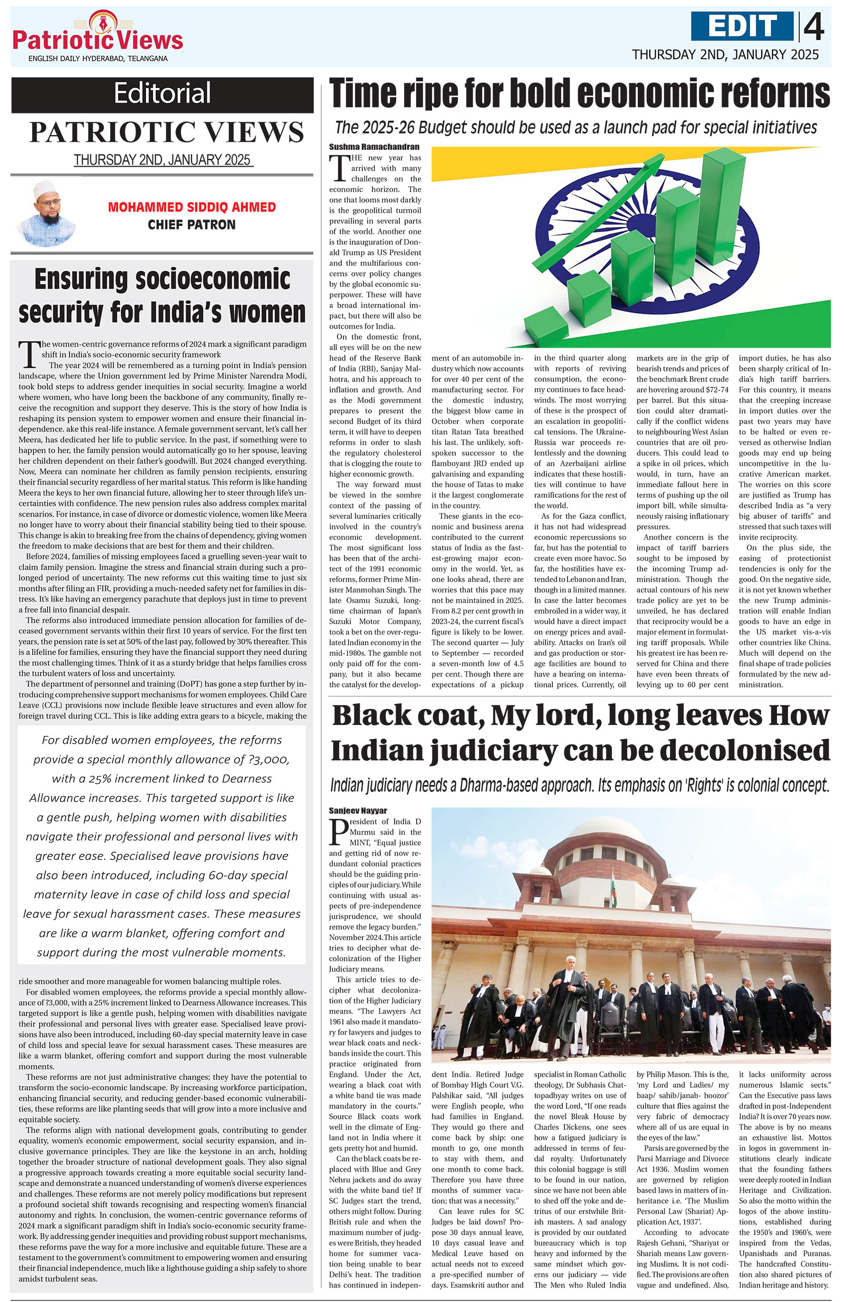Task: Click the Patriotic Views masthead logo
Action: point(98,35)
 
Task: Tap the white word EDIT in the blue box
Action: point(741,26)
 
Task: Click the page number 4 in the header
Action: point(814,27)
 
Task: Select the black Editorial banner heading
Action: point(162,92)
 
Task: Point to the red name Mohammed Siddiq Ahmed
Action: point(191,207)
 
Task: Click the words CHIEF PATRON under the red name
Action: point(191,224)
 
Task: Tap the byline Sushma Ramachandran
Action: point(374,147)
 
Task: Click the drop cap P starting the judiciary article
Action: point(339,832)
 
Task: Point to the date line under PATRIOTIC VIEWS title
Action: point(162,160)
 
